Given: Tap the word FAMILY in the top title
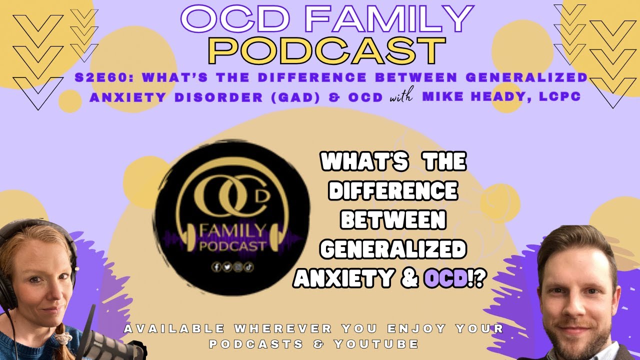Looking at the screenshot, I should (388, 19).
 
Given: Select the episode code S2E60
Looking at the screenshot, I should (105, 78).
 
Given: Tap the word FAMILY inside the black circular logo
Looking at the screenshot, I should (232, 231).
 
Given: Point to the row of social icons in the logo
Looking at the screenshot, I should (232, 267).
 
